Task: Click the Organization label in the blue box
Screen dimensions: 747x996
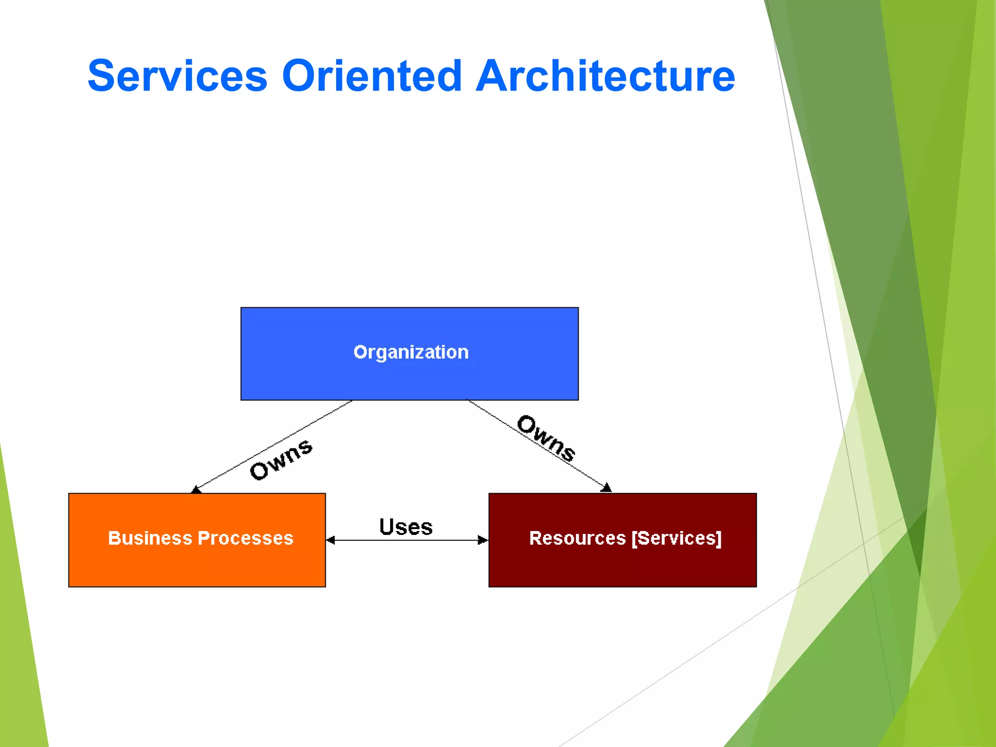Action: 411,352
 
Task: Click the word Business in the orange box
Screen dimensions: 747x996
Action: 150,538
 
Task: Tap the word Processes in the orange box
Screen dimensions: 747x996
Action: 246,538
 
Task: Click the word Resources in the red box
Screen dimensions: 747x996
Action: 577,538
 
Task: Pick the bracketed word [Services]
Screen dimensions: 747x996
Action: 676,538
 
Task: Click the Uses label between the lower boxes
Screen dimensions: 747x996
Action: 406,527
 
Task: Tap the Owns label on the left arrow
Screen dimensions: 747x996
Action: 281,459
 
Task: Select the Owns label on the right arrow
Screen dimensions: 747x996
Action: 546,438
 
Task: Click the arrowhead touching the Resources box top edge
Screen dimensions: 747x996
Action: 606,488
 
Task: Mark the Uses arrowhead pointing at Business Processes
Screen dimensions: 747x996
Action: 331,540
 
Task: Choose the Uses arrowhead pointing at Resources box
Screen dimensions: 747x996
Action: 483,540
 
